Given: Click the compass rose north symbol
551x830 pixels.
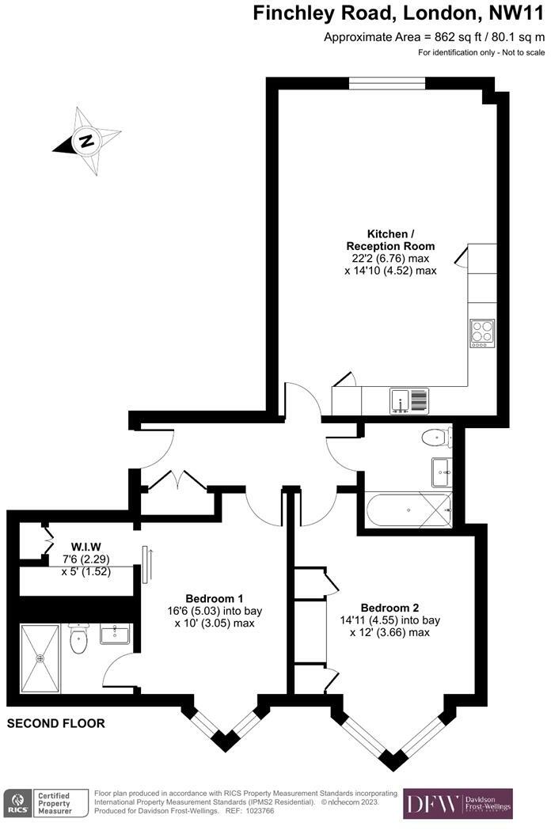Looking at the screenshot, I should pos(86,142).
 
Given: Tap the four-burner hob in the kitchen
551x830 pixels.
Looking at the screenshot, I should pos(481,332).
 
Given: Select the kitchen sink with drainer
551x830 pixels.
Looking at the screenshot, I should pos(408,400).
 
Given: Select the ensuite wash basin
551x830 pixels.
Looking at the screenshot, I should pos(115,634).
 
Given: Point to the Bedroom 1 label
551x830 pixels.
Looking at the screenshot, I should pos(214,597).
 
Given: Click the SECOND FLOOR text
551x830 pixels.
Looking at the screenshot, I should pos(55,723).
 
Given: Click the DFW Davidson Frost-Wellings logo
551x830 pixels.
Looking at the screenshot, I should pos(458,803).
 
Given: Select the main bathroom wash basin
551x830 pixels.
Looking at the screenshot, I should pos(441,472).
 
